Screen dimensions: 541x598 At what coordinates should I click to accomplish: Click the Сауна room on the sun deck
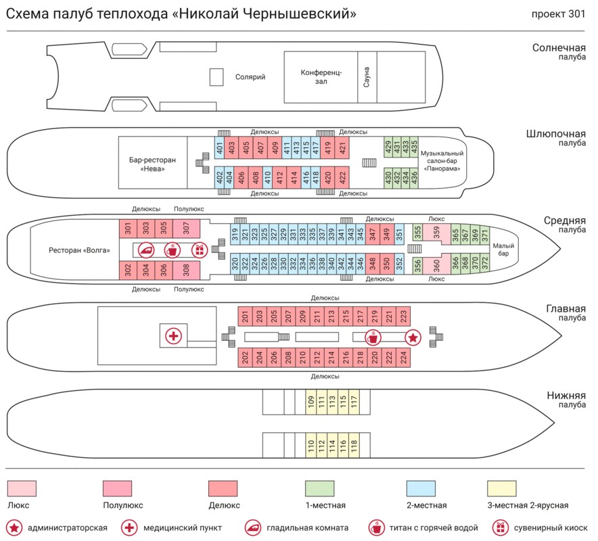pos(367,78)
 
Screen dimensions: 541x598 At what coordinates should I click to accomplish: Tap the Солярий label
pos(250,77)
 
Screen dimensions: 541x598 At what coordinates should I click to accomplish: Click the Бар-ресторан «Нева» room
pos(152,164)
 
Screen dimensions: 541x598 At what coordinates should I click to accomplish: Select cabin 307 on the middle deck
pos(186,229)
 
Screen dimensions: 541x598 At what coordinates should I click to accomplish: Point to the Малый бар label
pos(501,250)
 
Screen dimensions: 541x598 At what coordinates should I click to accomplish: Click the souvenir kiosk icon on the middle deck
pos(199,250)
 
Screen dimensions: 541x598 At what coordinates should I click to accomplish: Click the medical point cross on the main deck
pos(174,335)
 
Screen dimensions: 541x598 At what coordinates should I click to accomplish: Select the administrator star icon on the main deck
pos(412,337)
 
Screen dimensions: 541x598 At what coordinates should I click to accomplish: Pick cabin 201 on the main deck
pos(246,315)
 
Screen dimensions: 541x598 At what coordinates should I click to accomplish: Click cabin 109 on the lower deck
pos(310,402)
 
